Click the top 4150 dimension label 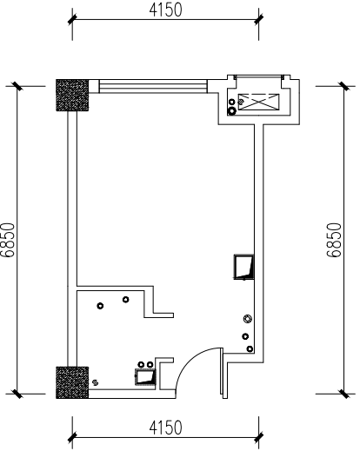click(165, 10)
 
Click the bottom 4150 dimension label click(165, 428)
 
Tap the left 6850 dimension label click(8, 240)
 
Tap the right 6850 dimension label click(334, 240)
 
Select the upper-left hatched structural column click(72, 95)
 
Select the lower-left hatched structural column click(72, 382)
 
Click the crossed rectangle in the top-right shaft click(259, 102)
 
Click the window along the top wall click(153, 86)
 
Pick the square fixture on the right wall click(243, 267)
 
